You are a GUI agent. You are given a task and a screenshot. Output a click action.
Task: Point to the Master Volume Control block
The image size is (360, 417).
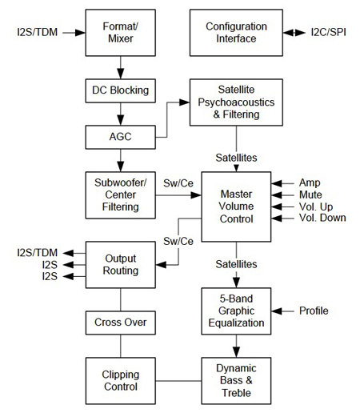pos(235,206)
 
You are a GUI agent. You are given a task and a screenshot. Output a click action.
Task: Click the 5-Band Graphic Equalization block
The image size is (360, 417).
pos(235,310)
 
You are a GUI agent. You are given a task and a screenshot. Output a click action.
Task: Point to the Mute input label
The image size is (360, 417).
pos(310,194)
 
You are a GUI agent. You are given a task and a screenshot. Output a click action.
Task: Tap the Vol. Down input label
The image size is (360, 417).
pos(322,218)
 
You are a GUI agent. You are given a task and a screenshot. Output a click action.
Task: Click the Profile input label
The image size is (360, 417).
pos(314,310)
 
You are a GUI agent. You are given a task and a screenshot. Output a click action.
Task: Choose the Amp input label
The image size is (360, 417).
pos(310,182)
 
